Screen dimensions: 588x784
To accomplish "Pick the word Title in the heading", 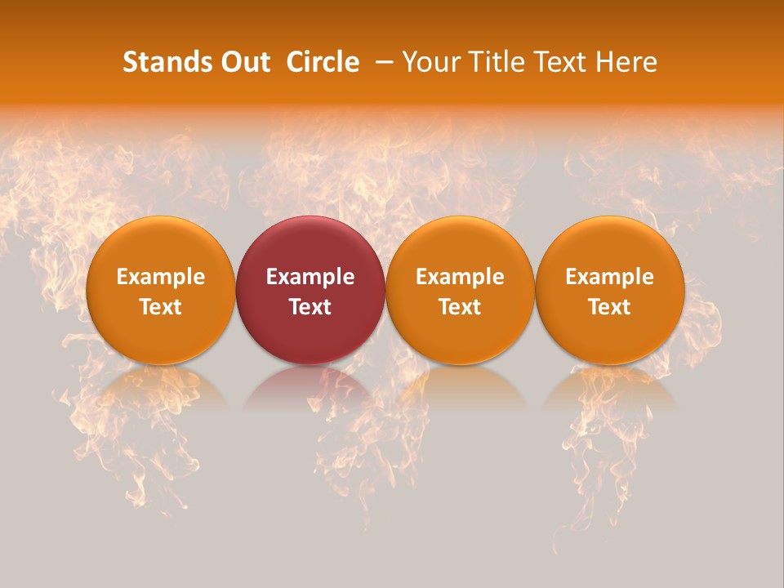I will pos(501,62).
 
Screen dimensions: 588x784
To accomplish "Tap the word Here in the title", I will pos(626,62).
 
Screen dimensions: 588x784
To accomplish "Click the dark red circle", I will pos(310,245).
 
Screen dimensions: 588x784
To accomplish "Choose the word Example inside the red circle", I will pos(310,277).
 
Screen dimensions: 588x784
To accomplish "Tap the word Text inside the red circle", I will pos(310,307).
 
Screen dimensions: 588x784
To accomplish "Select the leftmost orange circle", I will pos(160,245).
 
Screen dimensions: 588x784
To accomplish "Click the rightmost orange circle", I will pos(609,245).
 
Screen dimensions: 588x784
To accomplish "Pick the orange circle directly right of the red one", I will pos(460,245).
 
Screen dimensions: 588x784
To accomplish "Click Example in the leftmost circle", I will pos(160,277).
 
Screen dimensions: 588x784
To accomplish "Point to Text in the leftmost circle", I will pos(160,307).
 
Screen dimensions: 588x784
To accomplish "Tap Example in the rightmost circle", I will pos(609,277).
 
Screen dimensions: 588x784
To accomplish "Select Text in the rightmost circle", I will pos(609,307).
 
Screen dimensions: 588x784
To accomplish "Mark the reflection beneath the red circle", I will pos(310,388).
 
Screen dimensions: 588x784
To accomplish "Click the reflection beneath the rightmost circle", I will pos(609,388).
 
